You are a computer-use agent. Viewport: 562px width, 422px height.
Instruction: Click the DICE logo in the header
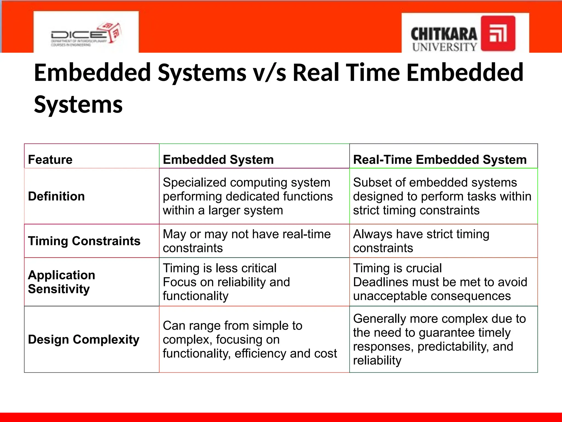point(86,34)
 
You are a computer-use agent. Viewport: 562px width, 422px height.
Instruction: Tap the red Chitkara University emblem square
point(498,33)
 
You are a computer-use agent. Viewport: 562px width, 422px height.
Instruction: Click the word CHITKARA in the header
point(444,34)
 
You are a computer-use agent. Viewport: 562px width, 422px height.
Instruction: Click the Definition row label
point(56,196)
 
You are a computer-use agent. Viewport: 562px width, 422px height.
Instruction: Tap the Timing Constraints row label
point(84,241)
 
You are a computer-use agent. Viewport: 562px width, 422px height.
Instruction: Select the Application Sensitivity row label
point(61,282)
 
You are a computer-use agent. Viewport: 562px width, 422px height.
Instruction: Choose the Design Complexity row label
point(83,340)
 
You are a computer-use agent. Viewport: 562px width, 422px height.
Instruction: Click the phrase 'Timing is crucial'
point(397,268)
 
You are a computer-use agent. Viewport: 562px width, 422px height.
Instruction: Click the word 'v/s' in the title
point(269,73)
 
